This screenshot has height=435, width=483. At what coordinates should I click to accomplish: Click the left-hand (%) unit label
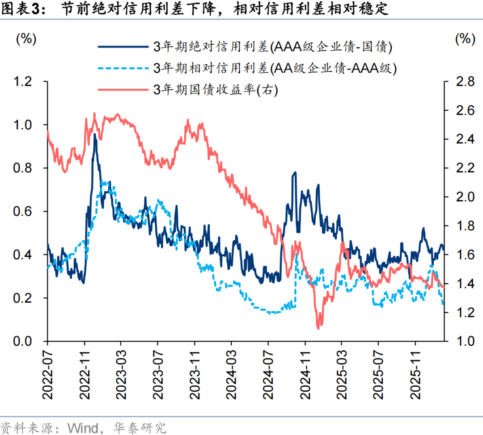point(26,39)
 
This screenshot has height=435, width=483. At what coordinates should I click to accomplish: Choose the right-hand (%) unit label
point(465,39)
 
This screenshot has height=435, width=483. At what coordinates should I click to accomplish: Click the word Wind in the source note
point(82,428)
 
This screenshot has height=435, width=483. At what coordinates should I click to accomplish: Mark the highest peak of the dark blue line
point(94,134)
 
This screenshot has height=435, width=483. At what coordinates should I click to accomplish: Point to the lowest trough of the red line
point(318,329)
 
